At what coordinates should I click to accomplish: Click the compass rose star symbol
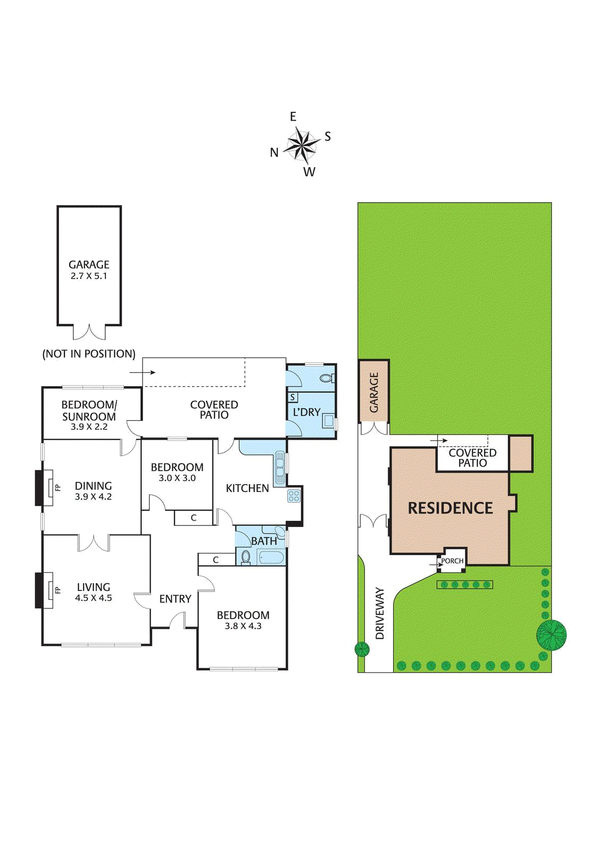tap(302, 145)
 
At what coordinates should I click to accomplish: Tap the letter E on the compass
tap(293, 116)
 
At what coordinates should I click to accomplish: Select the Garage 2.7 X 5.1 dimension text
tap(89, 276)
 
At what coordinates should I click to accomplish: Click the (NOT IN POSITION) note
tap(89, 354)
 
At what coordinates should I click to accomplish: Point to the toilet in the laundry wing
tap(327, 378)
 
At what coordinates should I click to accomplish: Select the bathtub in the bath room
tap(271, 558)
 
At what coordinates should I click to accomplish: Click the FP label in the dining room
tap(58, 487)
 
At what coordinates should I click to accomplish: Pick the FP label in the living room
tap(58, 590)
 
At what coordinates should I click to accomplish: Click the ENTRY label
tap(175, 599)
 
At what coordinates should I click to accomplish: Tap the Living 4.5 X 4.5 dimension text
tap(94, 598)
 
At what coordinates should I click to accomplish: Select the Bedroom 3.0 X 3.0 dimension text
tap(177, 478)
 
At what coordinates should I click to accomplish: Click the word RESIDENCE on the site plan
tap(450, 508)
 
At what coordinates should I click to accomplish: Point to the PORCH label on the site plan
tap(453, 561)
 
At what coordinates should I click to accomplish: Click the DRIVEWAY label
tap(380, 614)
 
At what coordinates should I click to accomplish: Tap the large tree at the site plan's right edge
tap(551, 635)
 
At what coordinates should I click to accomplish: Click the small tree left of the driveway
tap(362, 649)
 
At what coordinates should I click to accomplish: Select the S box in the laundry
tap(292, 397)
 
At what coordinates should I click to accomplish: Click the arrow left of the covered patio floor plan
tap(143, 372)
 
